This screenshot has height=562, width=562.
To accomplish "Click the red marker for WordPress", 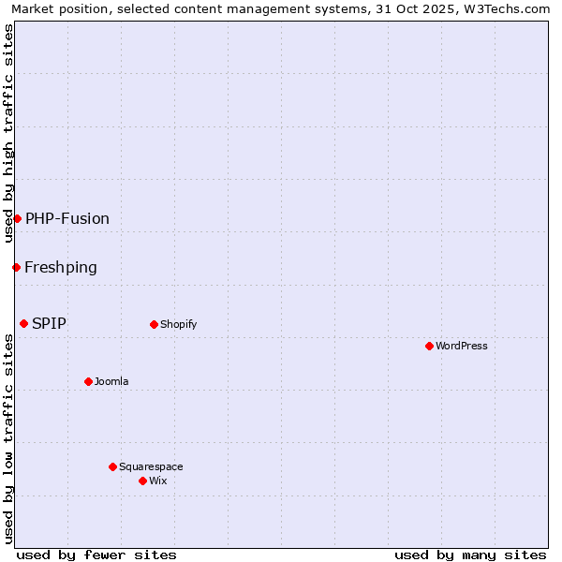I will click(x=429, y=346).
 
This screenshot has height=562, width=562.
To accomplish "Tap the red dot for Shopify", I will click(x=154, y=324).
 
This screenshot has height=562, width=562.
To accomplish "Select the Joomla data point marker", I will click(x=88, y=381).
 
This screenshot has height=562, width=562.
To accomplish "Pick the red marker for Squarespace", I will click(x=112, y=466).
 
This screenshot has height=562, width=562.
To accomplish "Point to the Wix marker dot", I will click(x=142, y=481).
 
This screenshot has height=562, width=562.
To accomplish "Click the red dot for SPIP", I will click(x=23, y=323).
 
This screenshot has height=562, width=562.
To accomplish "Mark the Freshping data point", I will click(x=16, y=267).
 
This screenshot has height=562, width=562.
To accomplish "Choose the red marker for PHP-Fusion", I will click(x=17, y=218).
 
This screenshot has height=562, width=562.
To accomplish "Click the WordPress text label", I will click(x=462, y=346).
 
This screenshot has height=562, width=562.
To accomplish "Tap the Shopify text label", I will click(x=178, y=324).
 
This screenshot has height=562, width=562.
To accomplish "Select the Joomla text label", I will click(x=111, y=381).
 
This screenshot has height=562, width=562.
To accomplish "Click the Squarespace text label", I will click(x=151, y=466).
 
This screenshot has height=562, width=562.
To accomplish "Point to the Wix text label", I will click(x=157, y=481).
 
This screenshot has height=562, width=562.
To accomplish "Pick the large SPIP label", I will click(x=49, y=323).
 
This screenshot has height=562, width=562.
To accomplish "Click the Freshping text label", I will click(x=61, y=267).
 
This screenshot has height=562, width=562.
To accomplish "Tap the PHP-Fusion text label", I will click(x=67, y=218).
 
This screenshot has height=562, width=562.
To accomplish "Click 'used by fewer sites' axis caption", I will click(x=96, y=555).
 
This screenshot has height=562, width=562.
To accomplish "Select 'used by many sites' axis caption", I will click(x=470, y=555).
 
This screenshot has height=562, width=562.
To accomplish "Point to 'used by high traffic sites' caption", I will click(x=8, y=133).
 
